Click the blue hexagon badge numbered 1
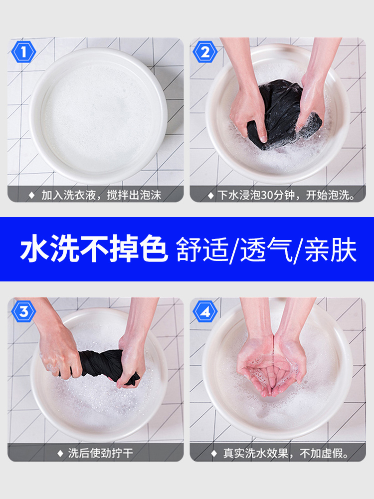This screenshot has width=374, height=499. click(24, 52)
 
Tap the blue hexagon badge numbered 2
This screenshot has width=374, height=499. click(205, 52)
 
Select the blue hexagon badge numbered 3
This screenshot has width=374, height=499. click(24, 311)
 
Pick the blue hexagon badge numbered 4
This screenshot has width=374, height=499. click(205, 311)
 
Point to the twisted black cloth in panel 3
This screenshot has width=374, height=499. click(105, 366)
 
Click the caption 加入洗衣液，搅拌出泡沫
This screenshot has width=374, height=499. click(101, 195)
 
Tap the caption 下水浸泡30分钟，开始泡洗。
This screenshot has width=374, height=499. click(286, 195)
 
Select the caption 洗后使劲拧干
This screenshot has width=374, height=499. click(101, 453)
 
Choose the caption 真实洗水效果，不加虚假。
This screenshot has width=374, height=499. click(286, 453)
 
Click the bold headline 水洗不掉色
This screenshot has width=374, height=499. click(94, 249)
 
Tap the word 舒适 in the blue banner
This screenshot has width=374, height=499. click(202, 249)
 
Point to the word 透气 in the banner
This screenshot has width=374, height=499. click(266, 249)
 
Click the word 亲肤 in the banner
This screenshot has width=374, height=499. click(331, 249)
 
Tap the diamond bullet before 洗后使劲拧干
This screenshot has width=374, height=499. click(60, 453)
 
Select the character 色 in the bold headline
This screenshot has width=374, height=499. click(154, 249)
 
